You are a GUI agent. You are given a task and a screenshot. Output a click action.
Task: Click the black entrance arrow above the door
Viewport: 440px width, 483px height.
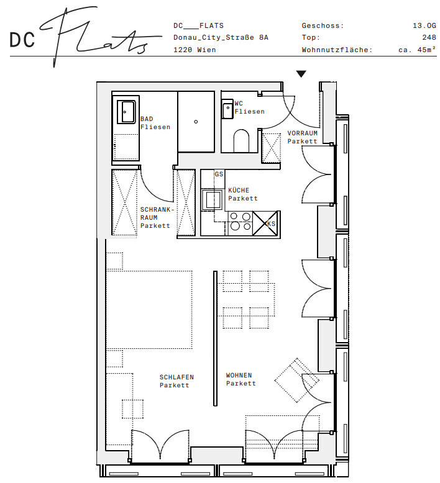301,74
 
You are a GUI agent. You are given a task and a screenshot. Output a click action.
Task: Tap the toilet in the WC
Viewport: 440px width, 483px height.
241,141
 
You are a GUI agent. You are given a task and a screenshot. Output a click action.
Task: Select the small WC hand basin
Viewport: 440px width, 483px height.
227,109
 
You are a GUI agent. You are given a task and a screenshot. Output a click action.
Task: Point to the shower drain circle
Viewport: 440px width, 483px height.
196,122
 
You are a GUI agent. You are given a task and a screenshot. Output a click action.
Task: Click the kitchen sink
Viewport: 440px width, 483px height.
211,200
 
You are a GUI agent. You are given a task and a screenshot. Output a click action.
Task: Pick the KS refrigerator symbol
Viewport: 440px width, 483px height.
265,223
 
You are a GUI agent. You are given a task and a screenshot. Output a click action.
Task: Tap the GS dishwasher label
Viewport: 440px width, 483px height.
219,174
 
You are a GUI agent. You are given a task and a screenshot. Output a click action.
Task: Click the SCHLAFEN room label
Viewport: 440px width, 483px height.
176,377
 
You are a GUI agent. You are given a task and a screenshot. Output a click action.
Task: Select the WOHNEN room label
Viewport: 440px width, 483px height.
239,376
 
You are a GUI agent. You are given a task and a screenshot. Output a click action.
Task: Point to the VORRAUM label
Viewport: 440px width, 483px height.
302,133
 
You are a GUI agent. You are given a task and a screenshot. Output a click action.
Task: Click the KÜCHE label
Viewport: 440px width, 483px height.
239,191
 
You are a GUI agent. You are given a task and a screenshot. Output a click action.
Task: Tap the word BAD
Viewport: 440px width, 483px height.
147,119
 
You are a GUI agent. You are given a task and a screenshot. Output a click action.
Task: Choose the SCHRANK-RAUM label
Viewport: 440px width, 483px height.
157,214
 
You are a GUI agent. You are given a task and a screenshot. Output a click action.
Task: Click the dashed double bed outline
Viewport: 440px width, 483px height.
149,310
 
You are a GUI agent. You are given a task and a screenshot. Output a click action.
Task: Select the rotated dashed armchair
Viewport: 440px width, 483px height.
297,381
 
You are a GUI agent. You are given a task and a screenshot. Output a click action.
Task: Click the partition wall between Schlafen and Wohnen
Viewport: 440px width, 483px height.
215,338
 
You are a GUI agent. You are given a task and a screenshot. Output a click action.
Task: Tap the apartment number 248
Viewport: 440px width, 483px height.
429,38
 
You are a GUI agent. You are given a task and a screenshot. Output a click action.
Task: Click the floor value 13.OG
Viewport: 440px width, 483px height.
424,26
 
